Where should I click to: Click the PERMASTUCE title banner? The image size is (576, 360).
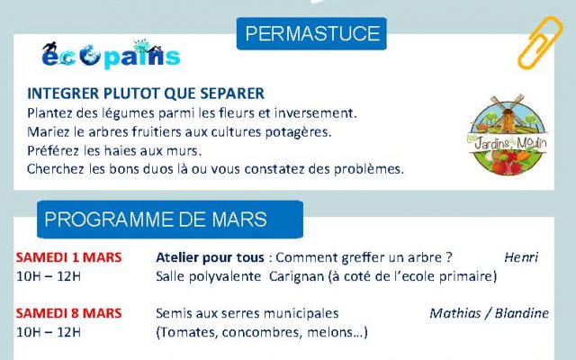(x=311, y=33)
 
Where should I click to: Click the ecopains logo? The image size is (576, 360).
(x=111, y=54)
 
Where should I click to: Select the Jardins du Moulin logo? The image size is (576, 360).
(x=508, y=134)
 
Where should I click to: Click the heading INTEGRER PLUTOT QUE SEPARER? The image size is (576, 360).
(x=146, y=94)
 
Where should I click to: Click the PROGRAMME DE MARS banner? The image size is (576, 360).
(x=170, y=220)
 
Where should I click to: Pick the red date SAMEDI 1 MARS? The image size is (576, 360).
(x=68, y=257)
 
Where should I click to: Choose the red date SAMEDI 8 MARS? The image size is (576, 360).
(x=68, y=313)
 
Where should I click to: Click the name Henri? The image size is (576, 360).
(x=521, y=257)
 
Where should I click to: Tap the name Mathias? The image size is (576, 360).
(x=454, y=313)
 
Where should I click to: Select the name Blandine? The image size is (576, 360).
(x=522, y=313)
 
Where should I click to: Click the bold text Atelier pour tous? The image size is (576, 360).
(x=210, y=257)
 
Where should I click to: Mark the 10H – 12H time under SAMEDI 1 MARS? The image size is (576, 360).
(x=49, y=276)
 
